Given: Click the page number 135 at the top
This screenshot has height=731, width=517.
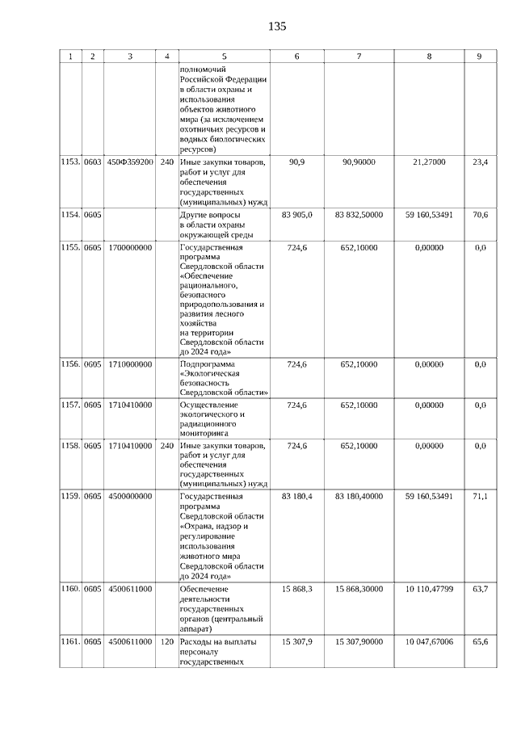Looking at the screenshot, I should pos(277,26).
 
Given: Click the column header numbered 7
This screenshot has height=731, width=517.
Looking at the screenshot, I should pos(358,57).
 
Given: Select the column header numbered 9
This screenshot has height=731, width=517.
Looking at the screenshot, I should pos(479,57).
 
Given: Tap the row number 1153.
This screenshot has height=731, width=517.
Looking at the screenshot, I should pos(70,162).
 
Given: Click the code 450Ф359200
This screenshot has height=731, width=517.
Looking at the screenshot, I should pos(130,162).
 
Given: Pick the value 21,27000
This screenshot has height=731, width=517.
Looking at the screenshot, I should pos(429,162).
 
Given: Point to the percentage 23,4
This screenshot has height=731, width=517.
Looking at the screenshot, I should pos(479,162).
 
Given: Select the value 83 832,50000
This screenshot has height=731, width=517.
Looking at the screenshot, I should pos(358,215).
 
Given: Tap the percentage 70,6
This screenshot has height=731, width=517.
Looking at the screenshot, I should pos(479,215).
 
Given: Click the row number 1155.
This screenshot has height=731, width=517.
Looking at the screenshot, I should pos(70,248).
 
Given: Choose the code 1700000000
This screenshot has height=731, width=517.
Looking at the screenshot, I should pos(130,248).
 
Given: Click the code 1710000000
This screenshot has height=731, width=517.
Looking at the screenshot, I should pos(130,365).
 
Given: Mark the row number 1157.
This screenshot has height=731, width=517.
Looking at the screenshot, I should pos(70,405).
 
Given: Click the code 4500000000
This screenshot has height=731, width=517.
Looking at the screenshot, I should pos(130,496).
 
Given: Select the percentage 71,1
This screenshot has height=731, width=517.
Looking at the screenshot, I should pos(479,496).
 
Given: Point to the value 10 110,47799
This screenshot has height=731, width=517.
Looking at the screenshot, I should pos(429,590).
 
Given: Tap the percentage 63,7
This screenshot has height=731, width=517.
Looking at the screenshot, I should pos(479,590).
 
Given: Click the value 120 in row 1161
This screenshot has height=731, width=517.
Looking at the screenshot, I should pos(167,641).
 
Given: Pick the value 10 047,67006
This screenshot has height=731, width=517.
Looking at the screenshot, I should pos(429,641).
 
